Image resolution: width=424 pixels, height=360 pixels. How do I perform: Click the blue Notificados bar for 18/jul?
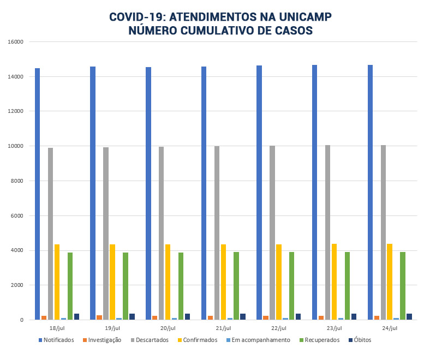(38, 194)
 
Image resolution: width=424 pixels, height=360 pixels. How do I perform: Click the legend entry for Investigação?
(103, 340)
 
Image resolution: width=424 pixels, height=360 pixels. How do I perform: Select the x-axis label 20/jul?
(168, 328)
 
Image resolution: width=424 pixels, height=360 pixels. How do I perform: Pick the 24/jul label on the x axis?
(390, 328)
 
